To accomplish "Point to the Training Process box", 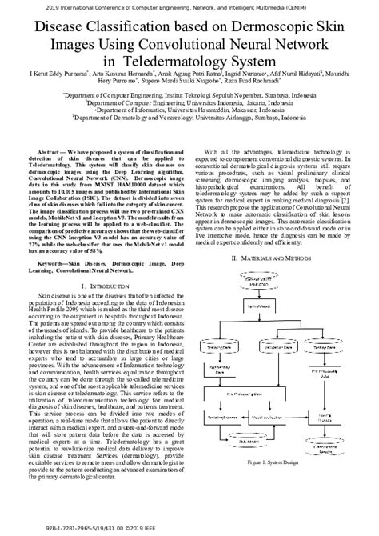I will click(x=225, y=417).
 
